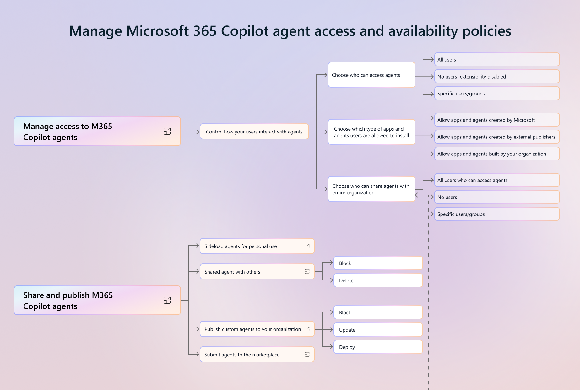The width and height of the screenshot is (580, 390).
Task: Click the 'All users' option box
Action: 497,60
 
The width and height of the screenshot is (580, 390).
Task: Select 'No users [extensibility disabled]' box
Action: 497,77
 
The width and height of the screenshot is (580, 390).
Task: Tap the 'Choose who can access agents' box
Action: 371,75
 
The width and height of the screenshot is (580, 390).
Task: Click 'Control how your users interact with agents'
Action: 254,132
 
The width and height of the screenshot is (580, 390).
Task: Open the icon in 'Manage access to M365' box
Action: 167,131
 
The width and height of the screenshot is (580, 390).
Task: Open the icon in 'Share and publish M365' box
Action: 167,300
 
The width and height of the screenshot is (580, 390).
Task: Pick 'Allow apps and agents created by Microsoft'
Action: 497,120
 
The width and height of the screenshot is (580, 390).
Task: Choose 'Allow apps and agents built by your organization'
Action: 497,154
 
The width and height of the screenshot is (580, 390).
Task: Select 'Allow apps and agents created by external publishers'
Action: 497,137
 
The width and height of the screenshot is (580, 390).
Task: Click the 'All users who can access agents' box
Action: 497,180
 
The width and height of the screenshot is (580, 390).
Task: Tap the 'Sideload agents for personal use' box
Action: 257,246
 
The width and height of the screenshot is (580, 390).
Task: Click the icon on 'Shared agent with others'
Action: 307,272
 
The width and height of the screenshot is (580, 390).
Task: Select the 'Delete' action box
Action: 378,280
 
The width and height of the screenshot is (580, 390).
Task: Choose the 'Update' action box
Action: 378,330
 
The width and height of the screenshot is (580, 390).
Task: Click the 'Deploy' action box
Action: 378,347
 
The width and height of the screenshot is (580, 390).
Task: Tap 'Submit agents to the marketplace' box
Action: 257,355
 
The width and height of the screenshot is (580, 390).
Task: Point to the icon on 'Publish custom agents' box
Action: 307,329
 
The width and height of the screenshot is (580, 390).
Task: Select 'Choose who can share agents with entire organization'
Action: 371,189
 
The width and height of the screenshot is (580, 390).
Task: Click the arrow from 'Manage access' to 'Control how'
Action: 190,132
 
